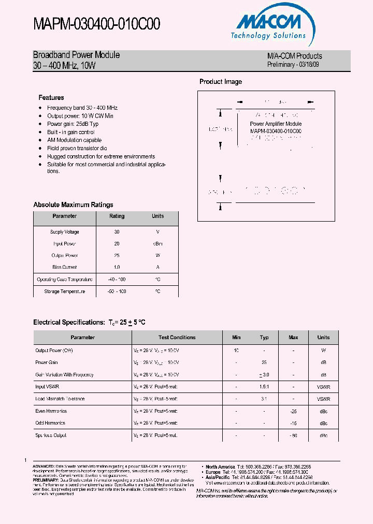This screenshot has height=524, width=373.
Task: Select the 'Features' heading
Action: point(51,97)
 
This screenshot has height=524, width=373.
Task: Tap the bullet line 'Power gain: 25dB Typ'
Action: point(73,124)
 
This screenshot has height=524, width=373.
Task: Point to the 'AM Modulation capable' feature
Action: point(74,140)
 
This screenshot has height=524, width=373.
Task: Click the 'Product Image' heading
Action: point(221,81)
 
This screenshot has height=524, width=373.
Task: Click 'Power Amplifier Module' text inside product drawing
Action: point(276,124)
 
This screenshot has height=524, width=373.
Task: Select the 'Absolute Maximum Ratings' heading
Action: point(73,205)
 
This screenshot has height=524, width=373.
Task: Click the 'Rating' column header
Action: point(117,216)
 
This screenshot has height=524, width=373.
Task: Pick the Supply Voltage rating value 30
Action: point(117,232)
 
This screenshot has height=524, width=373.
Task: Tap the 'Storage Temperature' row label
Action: point(65,292)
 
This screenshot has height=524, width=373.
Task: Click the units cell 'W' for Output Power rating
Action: point(157,256)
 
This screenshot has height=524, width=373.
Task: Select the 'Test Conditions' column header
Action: point(177,337)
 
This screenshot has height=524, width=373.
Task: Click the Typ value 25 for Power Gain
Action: point(264,362)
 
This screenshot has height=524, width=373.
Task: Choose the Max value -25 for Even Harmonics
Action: point(293,411)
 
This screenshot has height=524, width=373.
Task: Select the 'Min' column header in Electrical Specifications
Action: point(236,337)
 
